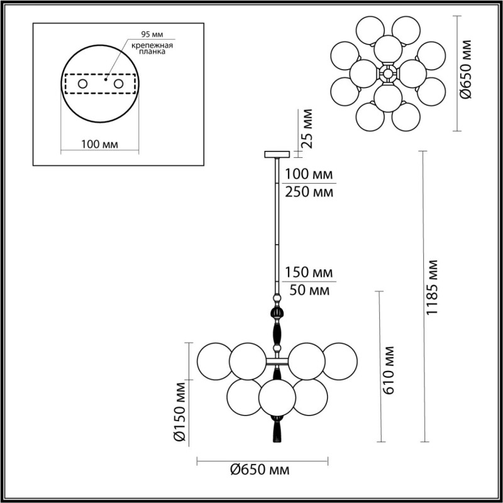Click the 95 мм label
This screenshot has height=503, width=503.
tap(152, 34)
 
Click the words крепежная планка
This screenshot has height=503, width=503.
tap(153, 50)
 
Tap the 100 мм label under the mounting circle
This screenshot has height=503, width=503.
tap(100, 145)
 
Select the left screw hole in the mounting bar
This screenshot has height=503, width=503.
tap(82, 83)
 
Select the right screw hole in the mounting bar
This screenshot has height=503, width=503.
tap(118, 83)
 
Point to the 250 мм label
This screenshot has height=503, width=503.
tap(308, 192)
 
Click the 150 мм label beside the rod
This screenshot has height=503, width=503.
tap(308, 274)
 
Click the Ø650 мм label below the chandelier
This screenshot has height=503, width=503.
tap(259, 470)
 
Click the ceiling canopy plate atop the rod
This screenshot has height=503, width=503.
tap(275, 153)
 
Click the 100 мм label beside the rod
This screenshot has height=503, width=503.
tap(308, 174)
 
